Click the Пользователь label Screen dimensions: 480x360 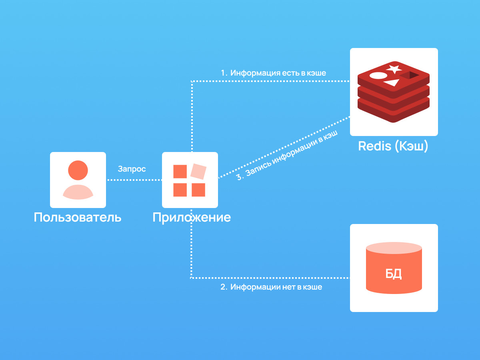[x=78, y=217]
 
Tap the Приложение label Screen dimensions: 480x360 [x=192, y=218]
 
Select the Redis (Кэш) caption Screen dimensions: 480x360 [x=393, y=146]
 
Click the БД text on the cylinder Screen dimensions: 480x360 [x=394, y=274]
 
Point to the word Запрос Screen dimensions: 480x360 [x=132, y=169]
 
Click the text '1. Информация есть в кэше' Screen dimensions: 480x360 [x=273, y=73]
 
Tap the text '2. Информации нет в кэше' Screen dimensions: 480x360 [x=271, y=287]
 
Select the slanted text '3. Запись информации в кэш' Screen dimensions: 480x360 [x=287, y=156]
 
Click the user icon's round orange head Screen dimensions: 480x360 [x=78, y=170]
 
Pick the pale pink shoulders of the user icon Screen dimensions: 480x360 [x=78, y=192]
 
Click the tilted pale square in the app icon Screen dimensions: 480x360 [x=198, y=171]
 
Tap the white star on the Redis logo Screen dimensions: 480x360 [x=394, y=69]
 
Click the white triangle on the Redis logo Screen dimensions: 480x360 [x=392, y=83]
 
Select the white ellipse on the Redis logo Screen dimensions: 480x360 [x=378, y=76]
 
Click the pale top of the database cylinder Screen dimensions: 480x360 [x=394, y=248]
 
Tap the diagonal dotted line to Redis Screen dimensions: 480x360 [x=284, y=147]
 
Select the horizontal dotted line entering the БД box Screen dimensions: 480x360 [x=270, y=278]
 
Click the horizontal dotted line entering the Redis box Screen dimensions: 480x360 [x=271, y=81]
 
